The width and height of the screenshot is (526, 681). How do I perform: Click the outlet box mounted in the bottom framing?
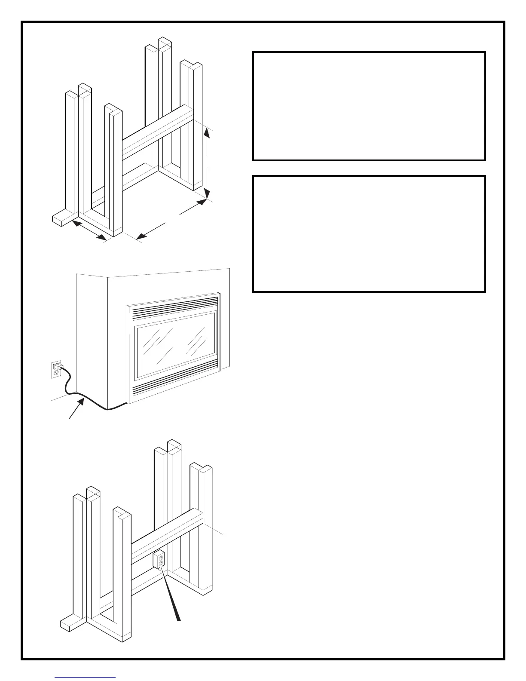[x=159, y=559]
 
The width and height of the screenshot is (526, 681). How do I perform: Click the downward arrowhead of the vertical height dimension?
[x=207, y=193]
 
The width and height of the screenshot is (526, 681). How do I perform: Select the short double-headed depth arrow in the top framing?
[x=89, y=230]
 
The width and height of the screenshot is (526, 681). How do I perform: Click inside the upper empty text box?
[x=369, y=106]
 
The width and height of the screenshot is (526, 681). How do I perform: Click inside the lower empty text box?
[x=369, y=233]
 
